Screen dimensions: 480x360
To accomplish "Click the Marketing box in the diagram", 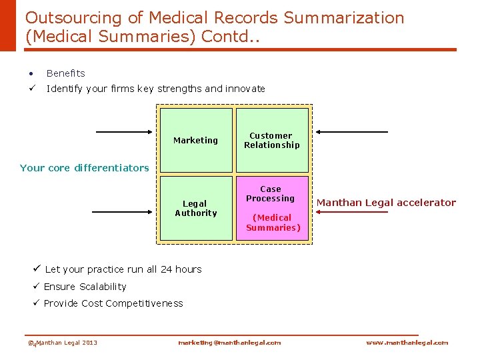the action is click(195, 140).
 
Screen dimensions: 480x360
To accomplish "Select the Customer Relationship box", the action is click(272, 140).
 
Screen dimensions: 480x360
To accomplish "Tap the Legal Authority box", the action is click(195, 208).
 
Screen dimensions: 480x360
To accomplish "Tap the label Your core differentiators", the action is click(85, 168).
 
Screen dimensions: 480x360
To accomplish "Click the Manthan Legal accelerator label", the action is click(386, 203).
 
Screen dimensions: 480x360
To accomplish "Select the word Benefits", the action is click(66, 73).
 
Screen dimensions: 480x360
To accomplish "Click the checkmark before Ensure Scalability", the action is click(37, 287).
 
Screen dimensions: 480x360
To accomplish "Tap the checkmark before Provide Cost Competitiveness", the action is click(37, 303).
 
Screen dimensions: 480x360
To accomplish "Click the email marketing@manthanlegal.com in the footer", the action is click(229, 343).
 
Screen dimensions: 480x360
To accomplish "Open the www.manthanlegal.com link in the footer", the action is click(407, 343).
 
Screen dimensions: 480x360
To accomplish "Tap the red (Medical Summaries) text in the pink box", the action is click(273, 223).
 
